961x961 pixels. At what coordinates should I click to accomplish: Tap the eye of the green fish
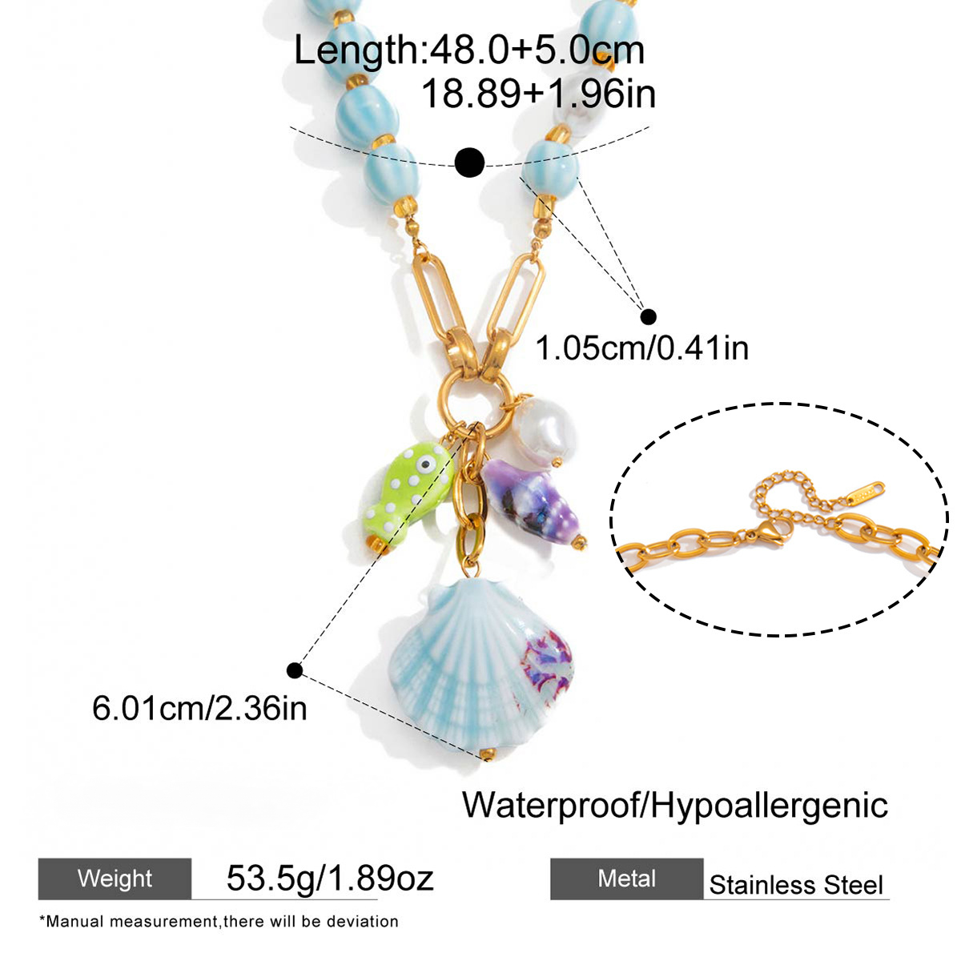[x=425, y=464]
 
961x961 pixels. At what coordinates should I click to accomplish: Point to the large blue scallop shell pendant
[x=481, y=668]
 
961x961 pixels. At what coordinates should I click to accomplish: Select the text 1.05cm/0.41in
[x=642, y=348]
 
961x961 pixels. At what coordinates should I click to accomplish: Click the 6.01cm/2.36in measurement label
[x=199, y=708]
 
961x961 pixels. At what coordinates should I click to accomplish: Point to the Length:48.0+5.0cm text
[x=469, y=50]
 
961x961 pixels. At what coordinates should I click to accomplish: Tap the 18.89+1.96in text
[x=539, y=94]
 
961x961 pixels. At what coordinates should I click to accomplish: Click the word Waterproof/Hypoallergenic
[x=675, y=805]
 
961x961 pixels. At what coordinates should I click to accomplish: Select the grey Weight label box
[x=115, y=879]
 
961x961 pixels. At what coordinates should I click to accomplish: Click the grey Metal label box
[x=627, y=879]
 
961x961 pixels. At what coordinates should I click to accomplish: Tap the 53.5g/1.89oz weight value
[x=330, y=878]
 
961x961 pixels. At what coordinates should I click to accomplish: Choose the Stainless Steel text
[x=796, y=885]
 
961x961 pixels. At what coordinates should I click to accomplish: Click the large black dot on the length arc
[x=470, y=162]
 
